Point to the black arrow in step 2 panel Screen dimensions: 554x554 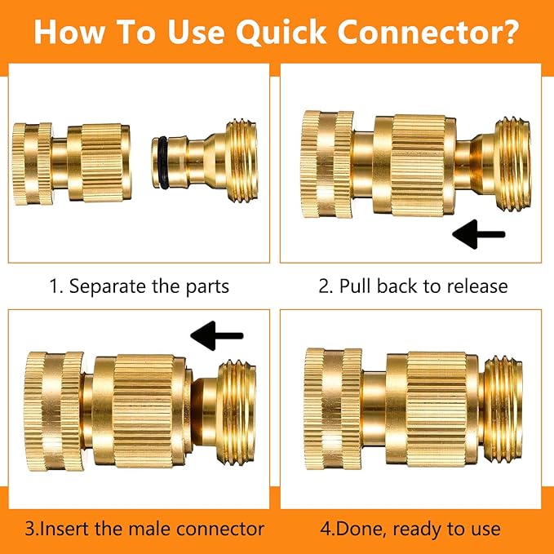(479, 235)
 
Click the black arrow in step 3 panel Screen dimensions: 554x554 (216, 335)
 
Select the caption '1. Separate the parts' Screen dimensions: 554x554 (139, 286)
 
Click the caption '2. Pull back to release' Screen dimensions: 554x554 (413, 286)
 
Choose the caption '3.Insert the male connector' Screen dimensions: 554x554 (144, 528)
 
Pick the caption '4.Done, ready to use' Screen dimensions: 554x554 (410, 528)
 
